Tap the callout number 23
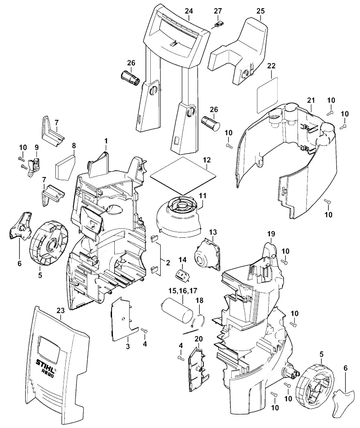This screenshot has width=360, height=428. (x=61, y=310)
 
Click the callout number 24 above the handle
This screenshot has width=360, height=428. (x=189, y=11)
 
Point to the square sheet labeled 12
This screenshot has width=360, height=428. (x=183, y=176)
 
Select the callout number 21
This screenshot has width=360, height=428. (x=311, y=100)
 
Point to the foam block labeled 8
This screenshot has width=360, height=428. (x=65, y=168)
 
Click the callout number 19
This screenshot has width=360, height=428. (x=271, y=234)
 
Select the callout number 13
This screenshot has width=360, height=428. (x=213, y=232)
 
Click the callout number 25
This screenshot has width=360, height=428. (x=261, y=11)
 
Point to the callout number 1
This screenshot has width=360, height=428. (x=106, y=141)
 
